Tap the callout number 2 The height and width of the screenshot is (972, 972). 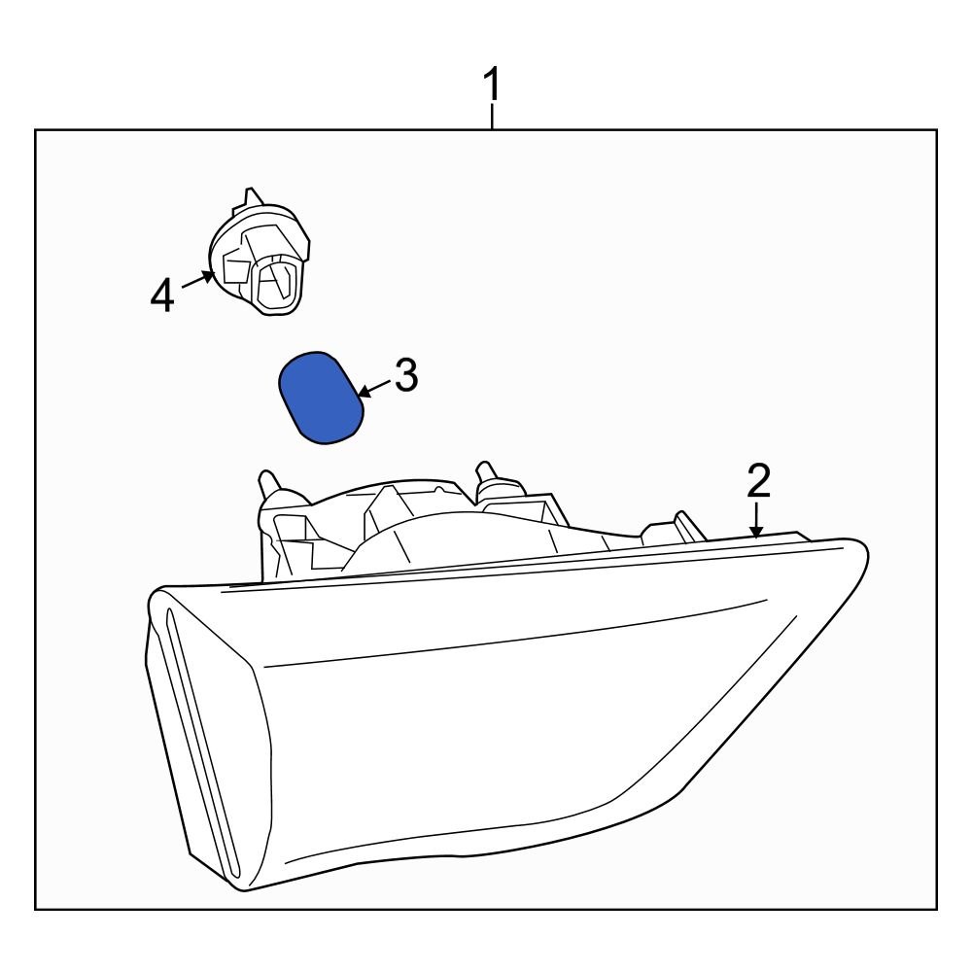point(758,481)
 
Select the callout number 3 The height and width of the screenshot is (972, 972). point(406,375)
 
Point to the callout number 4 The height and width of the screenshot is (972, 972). point(162,295)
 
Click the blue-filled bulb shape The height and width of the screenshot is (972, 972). point(320,397)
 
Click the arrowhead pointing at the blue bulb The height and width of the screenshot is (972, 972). point(364,392)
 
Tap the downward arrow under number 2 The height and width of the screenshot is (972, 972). point(755,520)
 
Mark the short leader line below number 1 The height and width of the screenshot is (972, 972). point(492,117)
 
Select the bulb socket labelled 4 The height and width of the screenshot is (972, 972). point(260,254)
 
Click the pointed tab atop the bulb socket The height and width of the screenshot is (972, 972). point(251,196)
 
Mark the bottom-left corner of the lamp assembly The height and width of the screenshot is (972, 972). point(244,891)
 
